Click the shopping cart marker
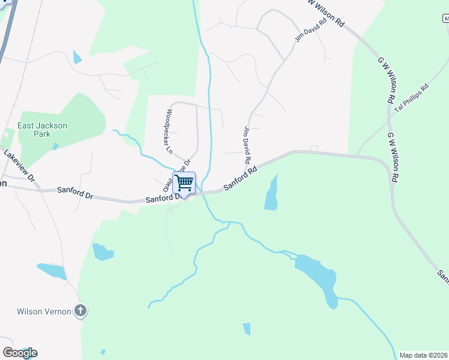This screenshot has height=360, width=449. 184,182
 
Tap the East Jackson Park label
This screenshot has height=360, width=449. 42,130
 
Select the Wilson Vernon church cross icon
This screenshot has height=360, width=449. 80,311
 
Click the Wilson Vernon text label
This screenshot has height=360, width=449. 41,311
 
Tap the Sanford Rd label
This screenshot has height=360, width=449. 240,178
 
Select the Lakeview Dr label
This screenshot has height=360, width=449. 19,166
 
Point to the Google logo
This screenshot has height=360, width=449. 20,352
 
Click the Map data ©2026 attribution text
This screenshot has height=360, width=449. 424,355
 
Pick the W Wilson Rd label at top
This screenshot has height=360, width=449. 326,13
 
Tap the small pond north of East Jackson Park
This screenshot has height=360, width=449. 77,58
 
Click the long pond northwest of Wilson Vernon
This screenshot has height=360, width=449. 52,271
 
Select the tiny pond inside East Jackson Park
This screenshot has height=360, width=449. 55,146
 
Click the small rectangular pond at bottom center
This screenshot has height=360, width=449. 246,329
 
